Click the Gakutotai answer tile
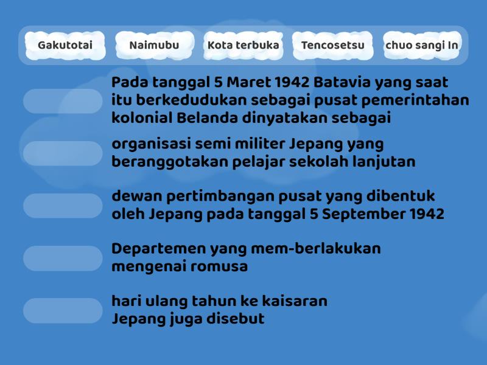(65, 46)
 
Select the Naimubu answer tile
(154, 46)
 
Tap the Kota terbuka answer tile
(243, 46)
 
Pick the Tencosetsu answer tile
(332, 46)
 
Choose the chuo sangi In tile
(421, 46)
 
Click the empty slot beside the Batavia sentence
(63, 101)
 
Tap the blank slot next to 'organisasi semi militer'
(63, 153)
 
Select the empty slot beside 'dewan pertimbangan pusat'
(63, 206)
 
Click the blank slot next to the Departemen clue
(63, 258)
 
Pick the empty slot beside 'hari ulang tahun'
(63, 310)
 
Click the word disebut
(234, 319)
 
